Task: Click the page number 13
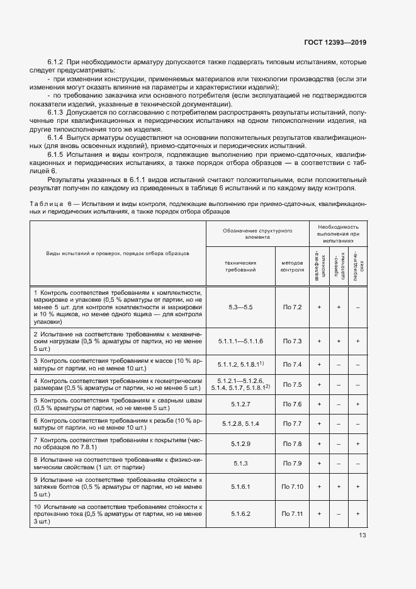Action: [x=362, y=535]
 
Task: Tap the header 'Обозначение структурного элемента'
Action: [x=257, y=234]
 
